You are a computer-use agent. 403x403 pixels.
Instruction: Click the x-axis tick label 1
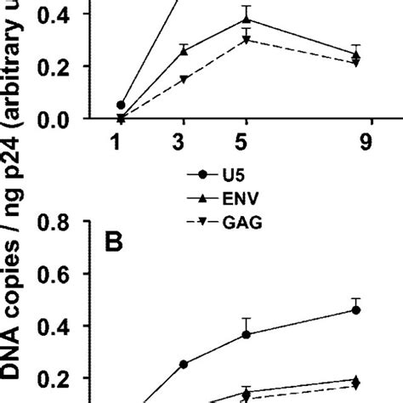pos(121,145)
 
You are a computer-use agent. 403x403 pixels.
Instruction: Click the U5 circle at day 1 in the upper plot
pos(121,105)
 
